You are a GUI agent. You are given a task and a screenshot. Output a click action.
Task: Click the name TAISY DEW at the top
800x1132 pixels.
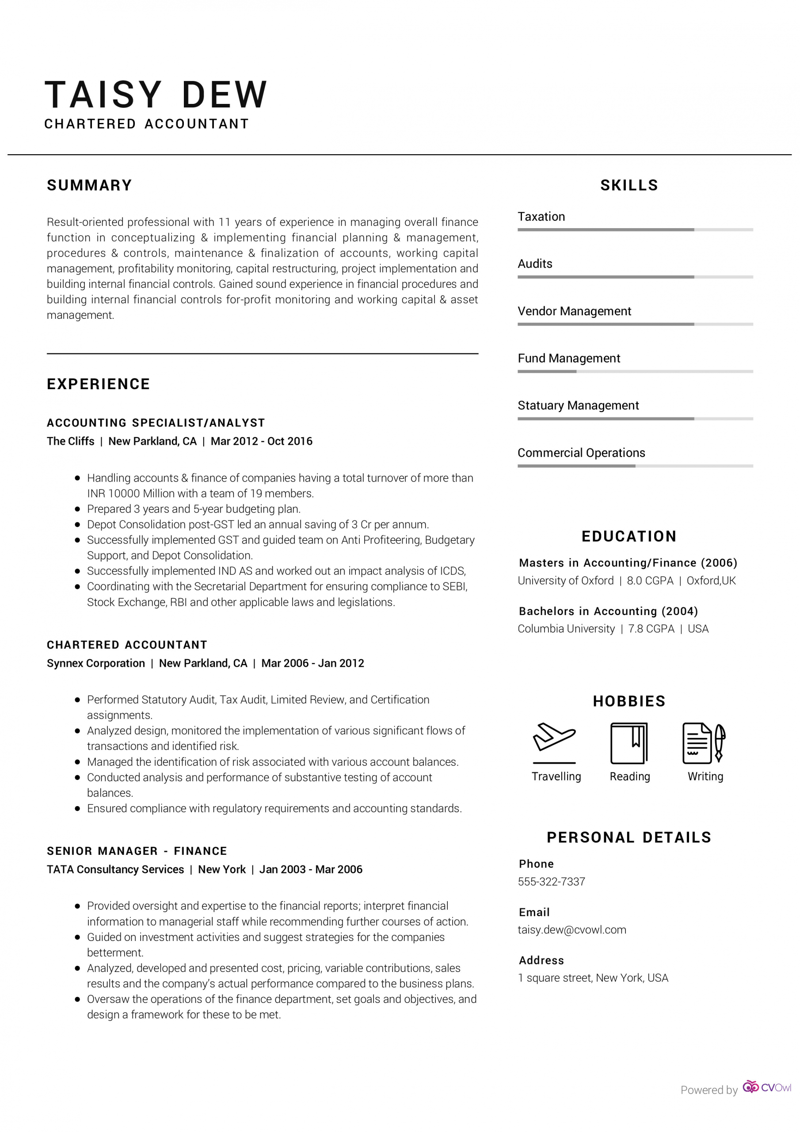click(x=156, y=94)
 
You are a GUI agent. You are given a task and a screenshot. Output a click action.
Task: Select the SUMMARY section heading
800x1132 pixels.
click(x=89, y=185)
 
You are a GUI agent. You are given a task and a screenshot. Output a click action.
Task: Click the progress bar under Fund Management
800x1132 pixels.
click(x=635, y=371)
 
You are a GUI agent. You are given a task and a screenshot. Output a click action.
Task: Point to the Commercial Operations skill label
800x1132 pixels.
click(x=581, y=453)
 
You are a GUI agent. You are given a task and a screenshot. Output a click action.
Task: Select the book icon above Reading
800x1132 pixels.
click(x=629, y=742)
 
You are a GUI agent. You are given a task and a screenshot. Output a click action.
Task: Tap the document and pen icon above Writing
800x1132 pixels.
click(x=704, y=742)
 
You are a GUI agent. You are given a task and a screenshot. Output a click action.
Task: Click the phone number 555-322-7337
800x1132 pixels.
click(x=551, y=882)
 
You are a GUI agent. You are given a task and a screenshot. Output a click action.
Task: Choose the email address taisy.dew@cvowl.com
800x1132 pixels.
click(x=572, y=930)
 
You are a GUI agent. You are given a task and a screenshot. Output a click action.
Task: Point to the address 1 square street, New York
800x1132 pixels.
click(x=592, y=978)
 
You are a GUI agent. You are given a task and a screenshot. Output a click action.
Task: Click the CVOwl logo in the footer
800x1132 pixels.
click(x=766, y=1088)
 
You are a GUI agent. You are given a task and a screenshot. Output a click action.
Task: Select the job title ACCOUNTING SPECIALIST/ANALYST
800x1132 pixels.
click(x=156, y=423)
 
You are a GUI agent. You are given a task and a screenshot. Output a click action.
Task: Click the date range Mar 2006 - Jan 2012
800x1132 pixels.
click(x=312, y=663)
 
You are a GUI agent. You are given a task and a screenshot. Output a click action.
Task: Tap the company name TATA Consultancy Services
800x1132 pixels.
click(x=115, y=869)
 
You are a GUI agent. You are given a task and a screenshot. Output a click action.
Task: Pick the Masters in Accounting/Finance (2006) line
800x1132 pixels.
click(x=628, y=563)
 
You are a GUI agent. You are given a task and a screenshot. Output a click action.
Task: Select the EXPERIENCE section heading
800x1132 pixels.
click(x=98, y=384)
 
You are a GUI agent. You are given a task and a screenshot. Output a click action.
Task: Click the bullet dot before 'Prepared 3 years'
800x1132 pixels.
click(x=77, y=509)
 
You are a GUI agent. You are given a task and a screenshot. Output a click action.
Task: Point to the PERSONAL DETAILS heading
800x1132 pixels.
click(x=629, y=837)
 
